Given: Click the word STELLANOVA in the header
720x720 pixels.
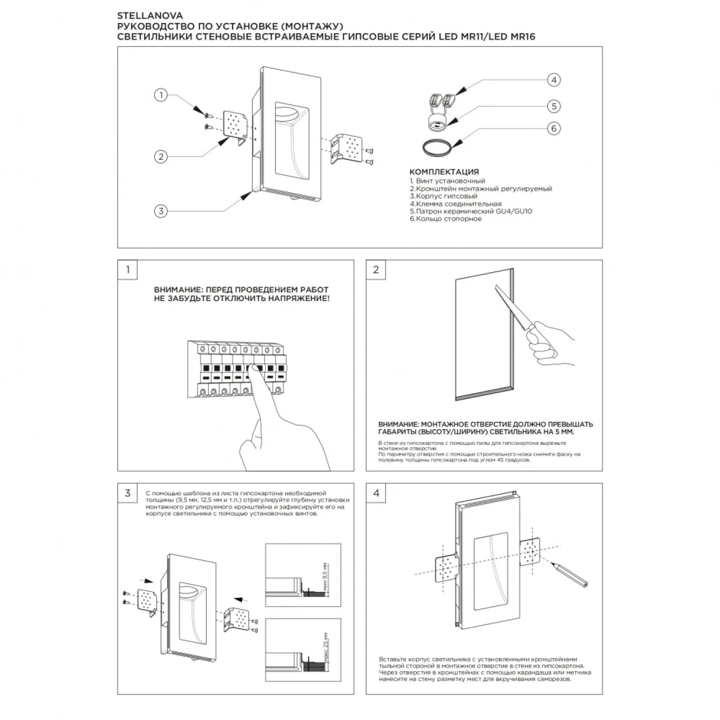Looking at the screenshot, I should (x=150, y=16).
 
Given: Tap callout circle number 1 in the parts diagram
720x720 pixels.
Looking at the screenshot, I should (x=161, y=95).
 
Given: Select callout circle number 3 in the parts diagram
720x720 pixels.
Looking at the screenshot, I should (x=161, y=211).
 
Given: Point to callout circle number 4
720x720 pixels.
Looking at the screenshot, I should (x=554, y=80).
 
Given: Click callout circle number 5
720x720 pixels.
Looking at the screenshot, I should (x=554, y=106).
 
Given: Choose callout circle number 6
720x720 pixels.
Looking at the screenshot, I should (x=554, y=128).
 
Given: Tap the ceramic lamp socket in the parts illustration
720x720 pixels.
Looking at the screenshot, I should (x=437, y=122).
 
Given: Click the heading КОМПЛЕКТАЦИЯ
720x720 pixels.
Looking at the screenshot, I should (x=444, y=172).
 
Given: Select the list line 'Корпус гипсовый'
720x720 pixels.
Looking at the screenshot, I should (x=444, y=196).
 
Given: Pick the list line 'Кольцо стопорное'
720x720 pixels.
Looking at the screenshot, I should (x=446, y=219).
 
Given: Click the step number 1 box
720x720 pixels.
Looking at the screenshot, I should (x=128, y=270).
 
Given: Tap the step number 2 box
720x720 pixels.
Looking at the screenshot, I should (x=376, y=270).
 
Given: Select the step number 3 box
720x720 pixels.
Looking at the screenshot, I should (x=128, y=493).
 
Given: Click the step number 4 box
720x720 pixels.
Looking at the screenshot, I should (x=376, y=493).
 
